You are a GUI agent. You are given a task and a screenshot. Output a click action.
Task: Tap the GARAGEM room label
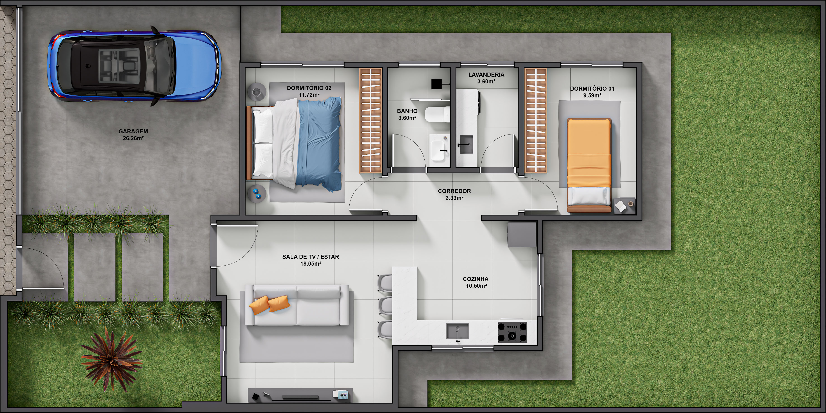click(x=133, y=131)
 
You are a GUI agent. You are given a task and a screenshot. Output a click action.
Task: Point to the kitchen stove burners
click(x=512, y=332)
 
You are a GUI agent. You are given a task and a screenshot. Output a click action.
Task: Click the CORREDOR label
click(x=454, y=191)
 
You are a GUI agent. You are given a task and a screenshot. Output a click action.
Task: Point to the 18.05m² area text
click(x=311, y=264)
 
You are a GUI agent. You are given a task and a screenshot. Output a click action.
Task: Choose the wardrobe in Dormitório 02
click(x=371, y=120)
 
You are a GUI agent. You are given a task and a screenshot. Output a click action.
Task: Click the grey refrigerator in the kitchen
click(x=522, y=235)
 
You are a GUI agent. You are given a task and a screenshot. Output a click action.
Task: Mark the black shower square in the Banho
click(x=436, y=84)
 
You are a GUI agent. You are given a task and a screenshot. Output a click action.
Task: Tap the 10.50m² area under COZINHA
click(x=476, y=286)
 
